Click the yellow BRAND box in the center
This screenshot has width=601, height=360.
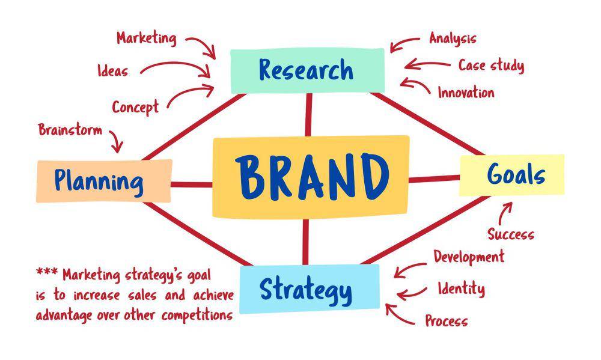[311, 177]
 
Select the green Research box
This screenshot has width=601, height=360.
[307, 70]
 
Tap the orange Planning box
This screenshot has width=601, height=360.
[104, 181]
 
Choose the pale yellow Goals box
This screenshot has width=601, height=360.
[511, 175]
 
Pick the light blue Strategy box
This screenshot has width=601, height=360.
[310, 289]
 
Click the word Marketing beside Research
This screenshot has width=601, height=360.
[147, 38]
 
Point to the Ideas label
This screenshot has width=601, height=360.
[113, 71]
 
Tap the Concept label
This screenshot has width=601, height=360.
[135, 107]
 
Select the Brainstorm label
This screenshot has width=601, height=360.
[70, 130]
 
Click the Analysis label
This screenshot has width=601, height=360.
[453, 38]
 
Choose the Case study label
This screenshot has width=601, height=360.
[492, 66]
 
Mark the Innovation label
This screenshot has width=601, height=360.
[466, 93]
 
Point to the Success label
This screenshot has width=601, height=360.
[511, 234]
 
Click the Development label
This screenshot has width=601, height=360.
[469, 257]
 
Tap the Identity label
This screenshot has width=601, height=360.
[462, 288]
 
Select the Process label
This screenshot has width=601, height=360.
[447, 320]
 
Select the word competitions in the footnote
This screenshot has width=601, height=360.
[197, 316]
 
